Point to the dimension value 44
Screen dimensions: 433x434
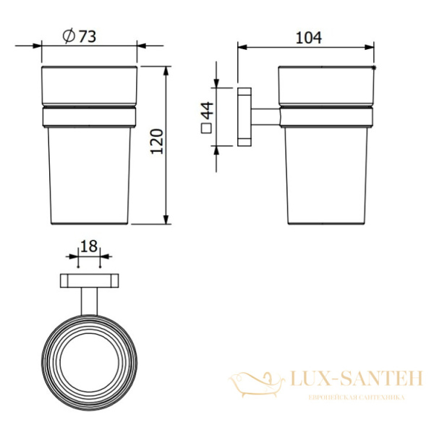(207, 111)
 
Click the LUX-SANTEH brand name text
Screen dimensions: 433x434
(347, 377)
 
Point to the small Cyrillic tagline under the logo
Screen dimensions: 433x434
(347, 398)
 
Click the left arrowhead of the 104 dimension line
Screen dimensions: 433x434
(242, 49)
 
